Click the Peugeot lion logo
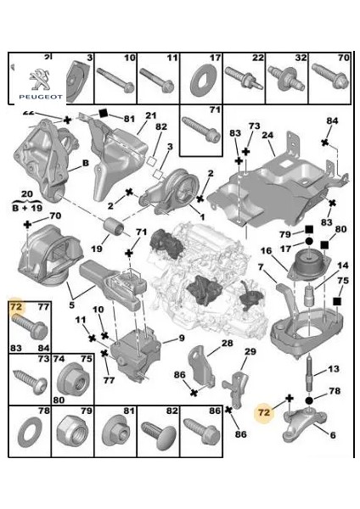click(37, 77)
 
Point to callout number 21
click(151, 116)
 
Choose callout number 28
click(227, 343)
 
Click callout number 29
click(250, 352)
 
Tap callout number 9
click(179, 339)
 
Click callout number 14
click(344, 266)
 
